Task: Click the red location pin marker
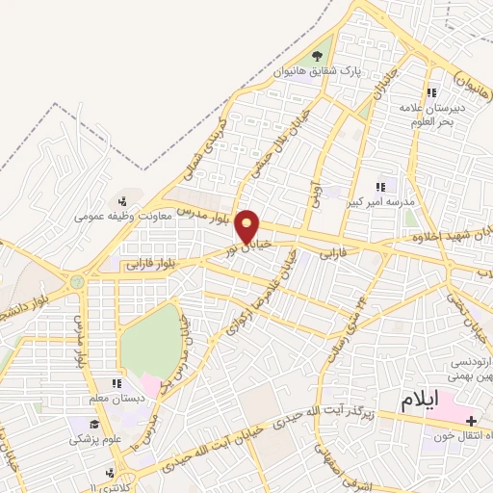click(248, 226)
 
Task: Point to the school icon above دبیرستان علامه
click(432, 92)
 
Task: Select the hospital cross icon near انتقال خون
click(472, 422)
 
